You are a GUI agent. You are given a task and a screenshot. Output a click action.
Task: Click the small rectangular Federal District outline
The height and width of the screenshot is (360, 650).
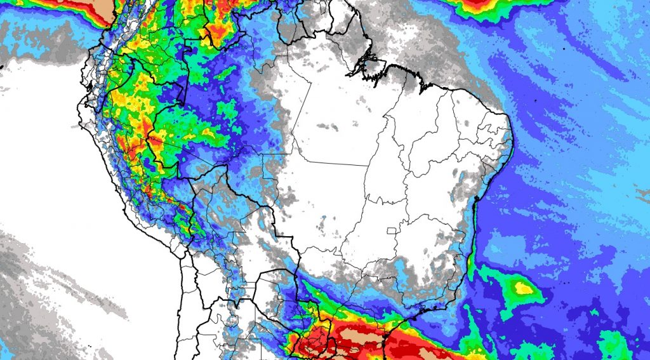399,229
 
